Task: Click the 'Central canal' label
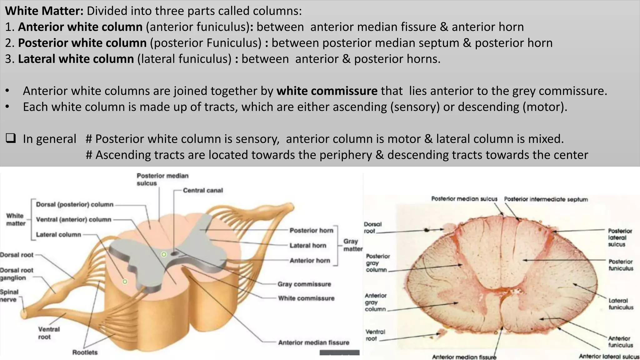(203, 190)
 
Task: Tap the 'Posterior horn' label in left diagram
(311, 230)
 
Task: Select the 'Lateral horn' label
(307, 246)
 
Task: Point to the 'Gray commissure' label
(304, 284)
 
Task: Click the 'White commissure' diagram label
(306, 298)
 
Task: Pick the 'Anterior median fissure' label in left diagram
(313, 342)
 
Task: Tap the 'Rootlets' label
(85, 352)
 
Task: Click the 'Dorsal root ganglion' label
(17, 274)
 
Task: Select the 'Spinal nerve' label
(9, 296)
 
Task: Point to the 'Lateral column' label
(58, 235)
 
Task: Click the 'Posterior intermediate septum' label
(546, 199)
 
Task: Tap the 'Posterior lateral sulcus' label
(620, 237)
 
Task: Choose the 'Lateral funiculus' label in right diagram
(621, 304)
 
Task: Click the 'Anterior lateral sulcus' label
(609, 357)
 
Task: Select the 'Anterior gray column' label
(376, 302)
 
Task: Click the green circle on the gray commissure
(164, 254)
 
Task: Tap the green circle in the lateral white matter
(125, 282)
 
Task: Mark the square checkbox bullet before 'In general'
(11, 138)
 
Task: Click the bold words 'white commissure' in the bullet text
(327, 91)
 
